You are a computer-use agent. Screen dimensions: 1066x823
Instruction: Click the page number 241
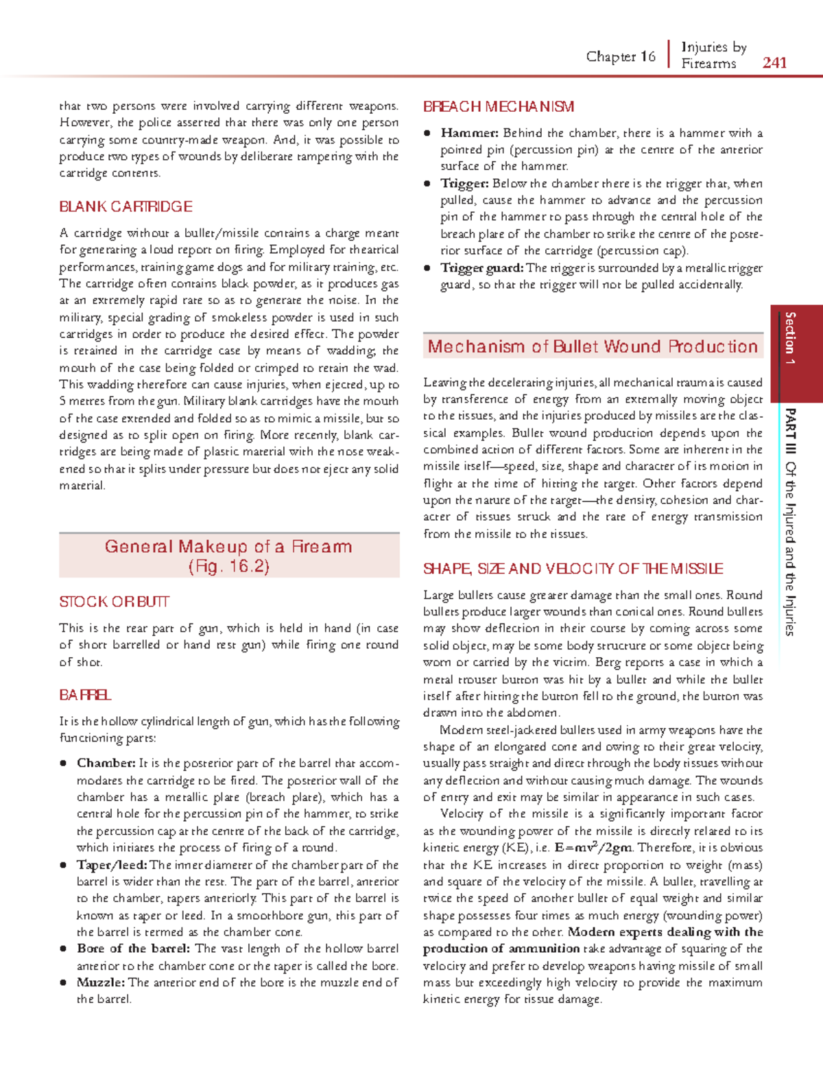774,63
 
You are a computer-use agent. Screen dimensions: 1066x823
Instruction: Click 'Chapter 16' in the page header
621,57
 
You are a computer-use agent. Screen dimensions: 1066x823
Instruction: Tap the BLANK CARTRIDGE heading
126,206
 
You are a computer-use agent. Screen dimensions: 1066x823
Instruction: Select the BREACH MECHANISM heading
499,107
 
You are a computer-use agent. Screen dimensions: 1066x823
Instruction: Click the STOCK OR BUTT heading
114,602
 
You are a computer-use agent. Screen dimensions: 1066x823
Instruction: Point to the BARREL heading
85,695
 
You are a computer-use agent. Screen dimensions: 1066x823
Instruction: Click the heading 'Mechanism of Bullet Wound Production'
593,346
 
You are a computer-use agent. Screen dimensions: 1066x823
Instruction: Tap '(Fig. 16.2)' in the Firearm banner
228,567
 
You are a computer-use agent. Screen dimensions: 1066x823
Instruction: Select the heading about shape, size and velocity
573,569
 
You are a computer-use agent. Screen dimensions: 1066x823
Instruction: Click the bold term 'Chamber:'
106,763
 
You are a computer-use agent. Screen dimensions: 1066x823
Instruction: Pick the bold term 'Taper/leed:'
111,864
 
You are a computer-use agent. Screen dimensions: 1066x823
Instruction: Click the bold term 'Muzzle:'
100,982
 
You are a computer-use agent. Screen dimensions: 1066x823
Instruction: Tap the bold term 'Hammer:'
469,133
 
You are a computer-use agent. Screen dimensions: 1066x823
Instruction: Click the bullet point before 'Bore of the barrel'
63,949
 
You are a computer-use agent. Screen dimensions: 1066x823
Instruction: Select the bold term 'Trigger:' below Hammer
464,184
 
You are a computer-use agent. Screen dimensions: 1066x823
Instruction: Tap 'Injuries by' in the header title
713,47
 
